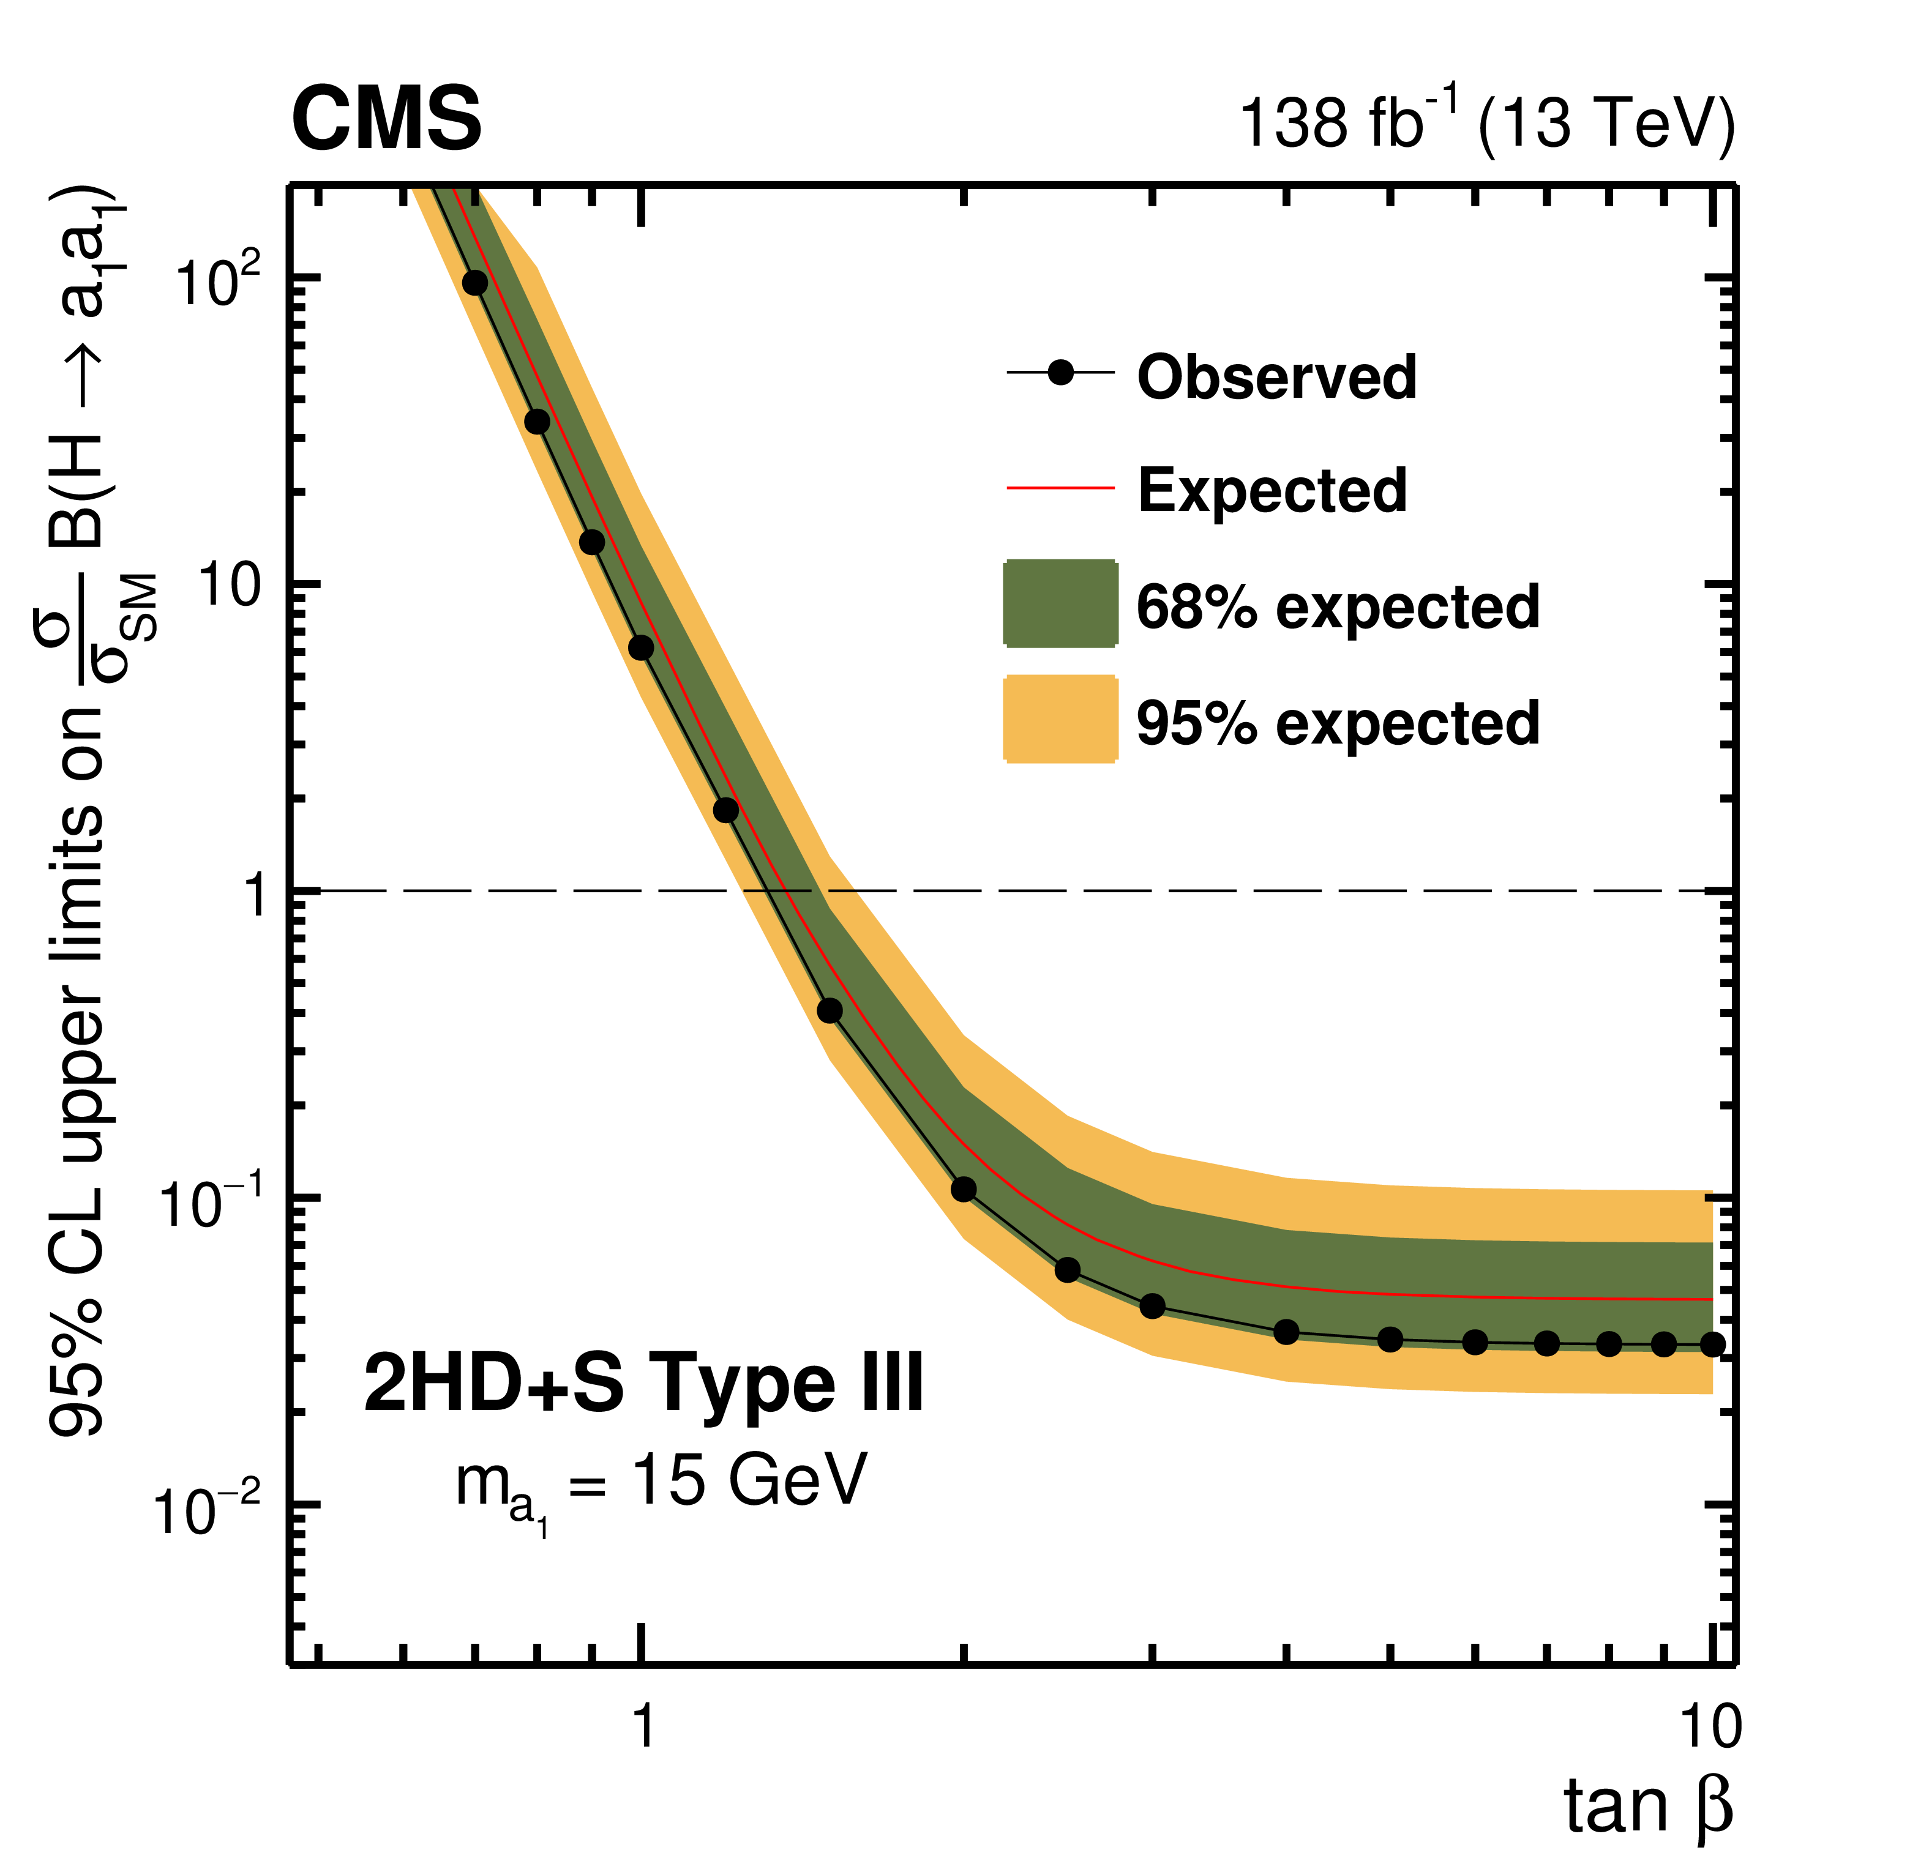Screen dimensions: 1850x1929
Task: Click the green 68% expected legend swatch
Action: point(1060,603)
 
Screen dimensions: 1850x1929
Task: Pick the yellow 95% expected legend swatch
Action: point(1060,718)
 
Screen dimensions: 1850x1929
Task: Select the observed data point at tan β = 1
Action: point(641,647)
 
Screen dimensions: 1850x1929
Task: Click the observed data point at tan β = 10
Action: point(1712,1344)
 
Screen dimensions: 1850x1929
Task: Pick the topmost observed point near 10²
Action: point(475,282)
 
